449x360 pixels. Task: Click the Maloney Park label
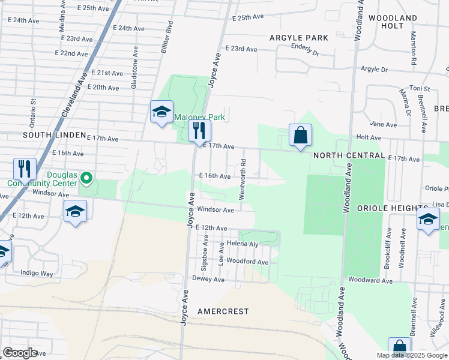199,117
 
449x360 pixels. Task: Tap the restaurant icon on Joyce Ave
199,131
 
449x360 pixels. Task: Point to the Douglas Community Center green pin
86,178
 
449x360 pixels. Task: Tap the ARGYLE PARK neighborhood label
299,38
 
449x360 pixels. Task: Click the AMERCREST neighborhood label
223,311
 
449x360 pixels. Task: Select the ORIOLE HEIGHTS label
393,208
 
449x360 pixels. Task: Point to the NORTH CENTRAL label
349,155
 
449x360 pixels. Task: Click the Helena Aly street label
243,244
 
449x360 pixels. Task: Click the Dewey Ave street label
208,279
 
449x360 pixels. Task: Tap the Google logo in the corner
20,353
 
